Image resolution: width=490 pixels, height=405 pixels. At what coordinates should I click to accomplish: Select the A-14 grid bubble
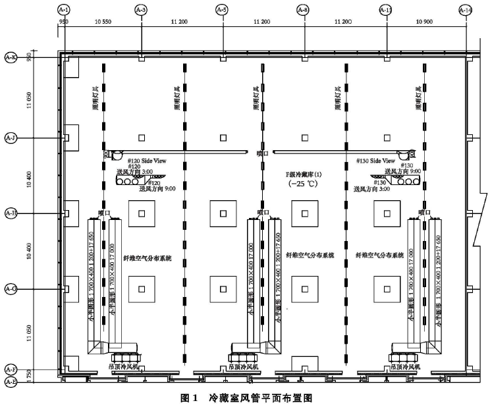466,10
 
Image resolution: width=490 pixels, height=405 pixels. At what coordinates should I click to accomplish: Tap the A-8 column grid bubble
302,10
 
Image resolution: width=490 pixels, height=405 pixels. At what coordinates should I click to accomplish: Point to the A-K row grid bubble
11,57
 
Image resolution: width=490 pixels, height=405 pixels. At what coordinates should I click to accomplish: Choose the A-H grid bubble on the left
11,213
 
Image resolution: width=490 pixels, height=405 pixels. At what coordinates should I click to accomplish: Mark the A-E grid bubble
11,381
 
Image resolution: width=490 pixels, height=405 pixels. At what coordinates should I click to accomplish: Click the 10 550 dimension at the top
103,22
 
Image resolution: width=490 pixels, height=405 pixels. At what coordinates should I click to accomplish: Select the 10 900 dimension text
425,22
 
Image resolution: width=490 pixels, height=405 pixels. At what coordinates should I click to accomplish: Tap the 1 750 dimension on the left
28,375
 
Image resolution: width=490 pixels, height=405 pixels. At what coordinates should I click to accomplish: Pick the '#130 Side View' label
374,160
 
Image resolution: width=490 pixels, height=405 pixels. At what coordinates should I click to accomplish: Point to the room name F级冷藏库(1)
304,174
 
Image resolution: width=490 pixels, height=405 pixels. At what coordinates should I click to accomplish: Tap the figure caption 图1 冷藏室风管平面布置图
245,398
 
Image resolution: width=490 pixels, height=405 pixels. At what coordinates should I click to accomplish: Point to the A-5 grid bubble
222,10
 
